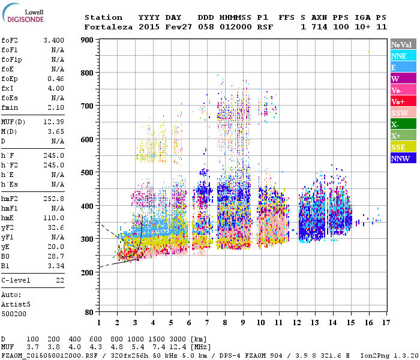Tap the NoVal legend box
pos(403,44)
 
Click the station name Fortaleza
pos(107,27)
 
